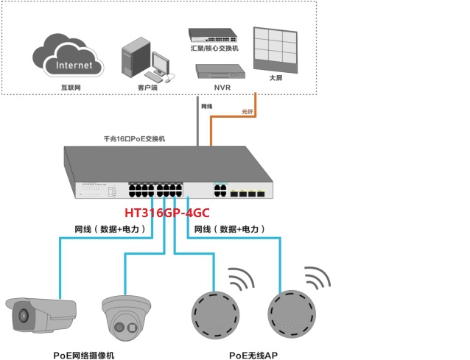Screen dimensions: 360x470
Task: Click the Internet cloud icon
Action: (65, 60)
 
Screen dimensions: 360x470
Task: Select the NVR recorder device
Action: (219, 71)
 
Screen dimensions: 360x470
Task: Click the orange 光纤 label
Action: (248, 111)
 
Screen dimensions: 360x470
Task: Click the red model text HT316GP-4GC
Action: (166, 213)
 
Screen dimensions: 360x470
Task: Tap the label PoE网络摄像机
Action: (84, 354)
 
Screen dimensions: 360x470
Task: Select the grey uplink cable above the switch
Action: (197, 125)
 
